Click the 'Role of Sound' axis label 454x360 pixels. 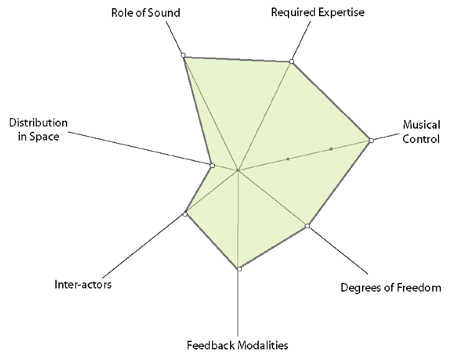coord(146,12)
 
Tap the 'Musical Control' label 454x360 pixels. coord(421,131)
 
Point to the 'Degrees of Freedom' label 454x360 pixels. coord(391,287)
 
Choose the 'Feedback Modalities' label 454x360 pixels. coord(238,344)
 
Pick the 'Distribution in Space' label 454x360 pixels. coord(39,129)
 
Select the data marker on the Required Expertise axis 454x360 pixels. coord(291,62)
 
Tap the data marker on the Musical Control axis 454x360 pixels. coord(371,141)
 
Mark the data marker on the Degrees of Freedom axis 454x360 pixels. coord(307,226)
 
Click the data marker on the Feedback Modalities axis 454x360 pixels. coord(239,269)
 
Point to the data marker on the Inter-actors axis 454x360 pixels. coord(185,214)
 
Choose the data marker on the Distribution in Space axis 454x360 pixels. coord(212,165)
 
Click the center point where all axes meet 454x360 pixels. coord(238,170)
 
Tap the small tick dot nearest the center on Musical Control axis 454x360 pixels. coord(288,159)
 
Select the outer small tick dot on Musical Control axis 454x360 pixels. coord(331,149)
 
